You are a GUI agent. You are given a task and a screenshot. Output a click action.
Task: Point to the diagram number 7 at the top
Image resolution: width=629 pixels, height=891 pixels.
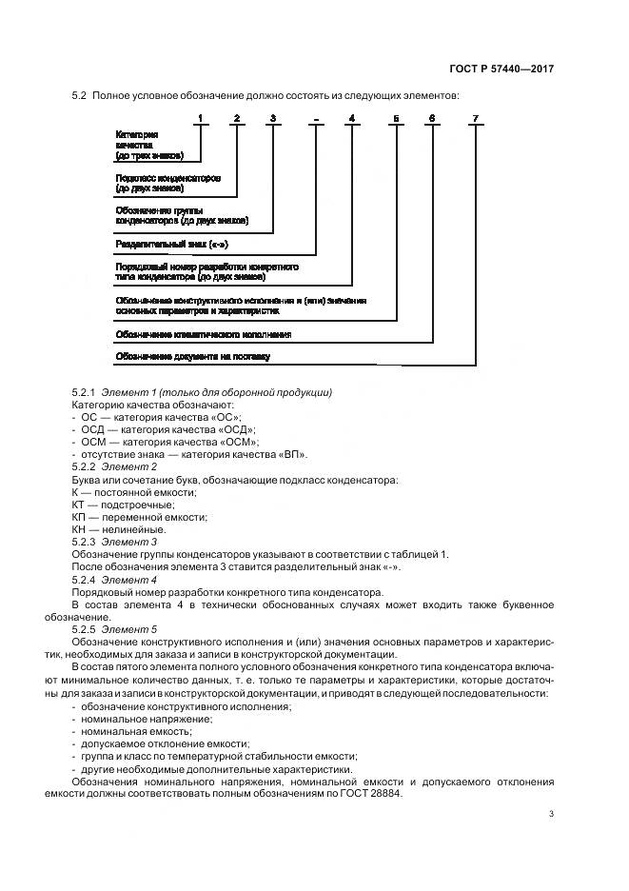coord(475,118)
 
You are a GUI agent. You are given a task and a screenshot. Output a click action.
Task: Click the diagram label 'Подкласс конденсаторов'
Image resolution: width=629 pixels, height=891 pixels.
coord(168,178)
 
